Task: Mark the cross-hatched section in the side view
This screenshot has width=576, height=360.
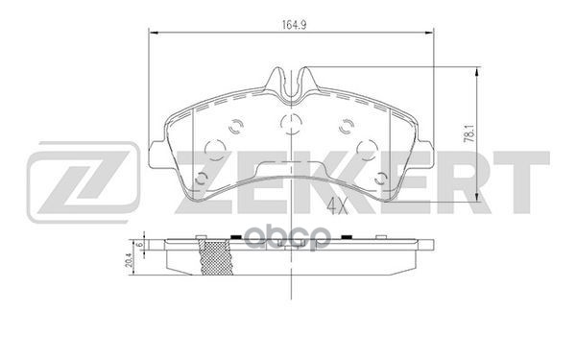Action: click(214, 259)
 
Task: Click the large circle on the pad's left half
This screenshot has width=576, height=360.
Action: click(216, 148)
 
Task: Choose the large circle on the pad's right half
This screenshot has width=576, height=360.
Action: click(367, 148)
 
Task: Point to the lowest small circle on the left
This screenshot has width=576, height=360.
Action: click(200, 179)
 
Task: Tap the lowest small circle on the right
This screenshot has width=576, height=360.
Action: click(382, 179)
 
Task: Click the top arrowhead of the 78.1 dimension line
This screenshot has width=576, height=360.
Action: click(477, 70)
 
